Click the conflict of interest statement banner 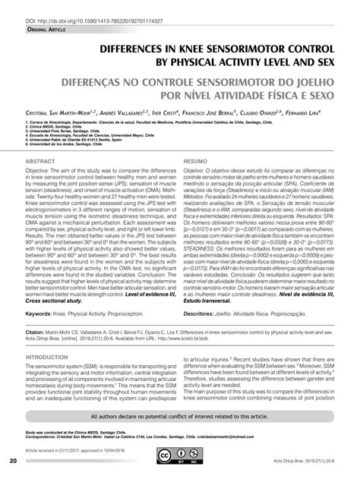pos(180,416)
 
